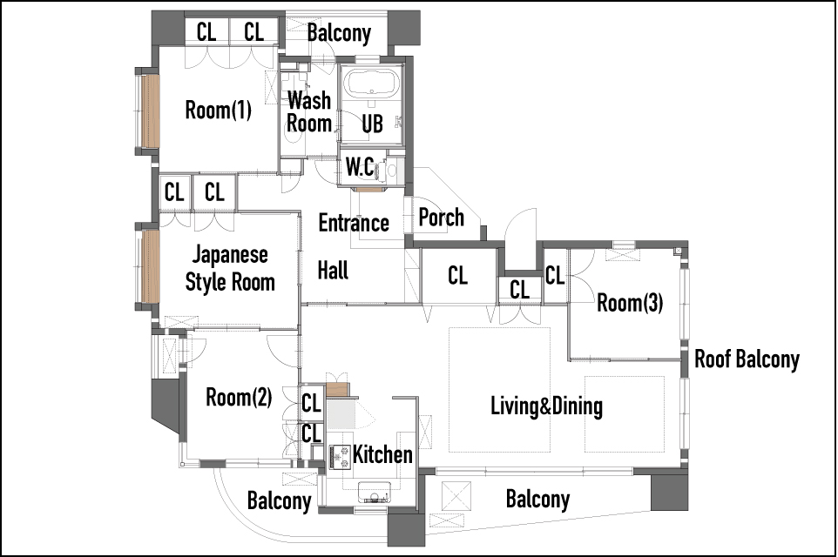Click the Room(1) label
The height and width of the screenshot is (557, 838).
coord(218,110)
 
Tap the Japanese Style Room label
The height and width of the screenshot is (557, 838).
coord(230,268)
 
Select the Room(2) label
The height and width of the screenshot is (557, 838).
coord(239,398)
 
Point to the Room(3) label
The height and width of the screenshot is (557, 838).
coord(630,303)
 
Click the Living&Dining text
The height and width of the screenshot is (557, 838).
coord(547,406)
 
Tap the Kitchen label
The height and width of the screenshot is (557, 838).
coord(382,455)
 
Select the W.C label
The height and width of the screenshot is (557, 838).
coord(360,167)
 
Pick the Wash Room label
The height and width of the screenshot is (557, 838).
coord(309,111)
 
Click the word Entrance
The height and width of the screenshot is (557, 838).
coord(354,223)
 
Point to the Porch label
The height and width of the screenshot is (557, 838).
coord(441,218)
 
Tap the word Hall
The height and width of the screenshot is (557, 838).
coord(333,270)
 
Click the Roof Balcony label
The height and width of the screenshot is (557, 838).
coord(747,359)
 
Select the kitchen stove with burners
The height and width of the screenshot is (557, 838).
coord(340,458)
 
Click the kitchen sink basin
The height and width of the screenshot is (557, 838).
coord(374,493)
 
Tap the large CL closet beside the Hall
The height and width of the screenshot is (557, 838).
coord(457,276)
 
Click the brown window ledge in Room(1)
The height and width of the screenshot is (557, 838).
coord(151,111)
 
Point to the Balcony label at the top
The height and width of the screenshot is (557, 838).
coord(339,33)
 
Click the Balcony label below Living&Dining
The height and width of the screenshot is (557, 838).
coord(537,500)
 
